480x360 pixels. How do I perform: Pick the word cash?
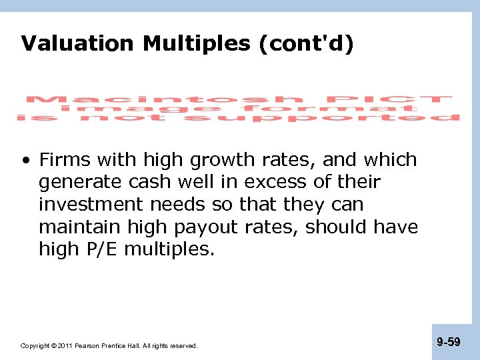(x=155, y=182)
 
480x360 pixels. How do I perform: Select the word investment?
(x=90, y=205)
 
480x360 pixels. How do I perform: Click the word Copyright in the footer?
(x=35, y=346)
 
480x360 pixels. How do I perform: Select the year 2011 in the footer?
(x=65, y=346)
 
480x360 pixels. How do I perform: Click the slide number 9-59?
(x=449, y=342)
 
